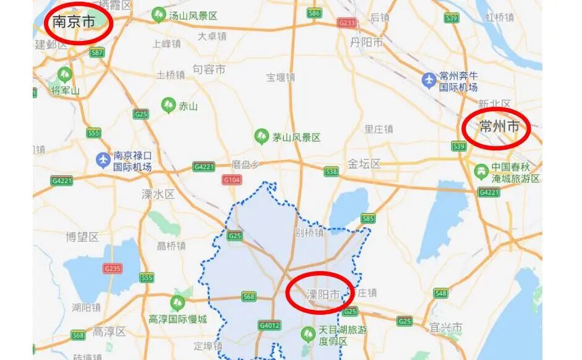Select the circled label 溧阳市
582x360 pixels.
(323, 294)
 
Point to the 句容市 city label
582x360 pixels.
(209, 69)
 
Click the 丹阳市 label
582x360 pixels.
(366, 43)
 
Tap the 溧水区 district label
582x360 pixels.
(158, 194)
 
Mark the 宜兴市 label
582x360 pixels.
(446, 326)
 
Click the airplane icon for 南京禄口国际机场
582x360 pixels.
(103, 160)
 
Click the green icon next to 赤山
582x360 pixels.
(168, 105)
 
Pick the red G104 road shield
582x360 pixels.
(231, 180)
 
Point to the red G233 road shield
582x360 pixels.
(347, 23)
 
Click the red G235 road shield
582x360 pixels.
(113, 268)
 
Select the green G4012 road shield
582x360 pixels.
(270, 325)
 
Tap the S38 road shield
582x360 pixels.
(332, 171)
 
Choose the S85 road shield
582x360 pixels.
(368, 218)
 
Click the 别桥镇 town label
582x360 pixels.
(309, 233)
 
